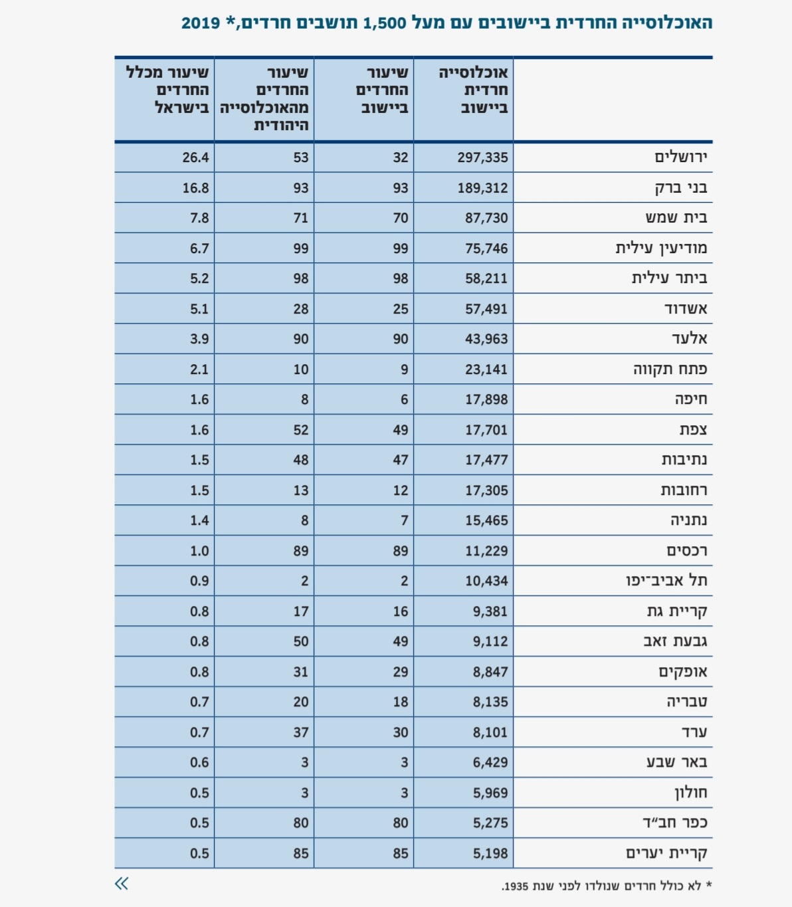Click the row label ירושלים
(680, 157)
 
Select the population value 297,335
(482, 157)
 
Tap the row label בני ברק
(681, 188)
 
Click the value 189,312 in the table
(482, 188)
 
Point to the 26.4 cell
(195, 157)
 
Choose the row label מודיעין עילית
(661, 249)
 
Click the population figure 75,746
(486, 249)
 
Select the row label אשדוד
(686, 309)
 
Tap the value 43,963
(486, 339)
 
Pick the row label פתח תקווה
(670, 369)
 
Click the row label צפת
(693, 430)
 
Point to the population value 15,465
(486, 520)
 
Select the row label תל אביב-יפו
(666, 581)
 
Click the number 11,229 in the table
(486, 551)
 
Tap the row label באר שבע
(676, 762)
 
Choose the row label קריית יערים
(666, 853)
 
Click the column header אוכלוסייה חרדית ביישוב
(473, 90)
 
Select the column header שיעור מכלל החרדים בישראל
(167, 90)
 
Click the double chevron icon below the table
(122, 883)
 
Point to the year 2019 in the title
(201, 23)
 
